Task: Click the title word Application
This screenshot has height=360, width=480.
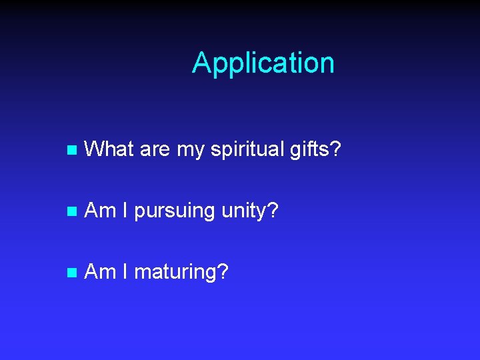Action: click(263, 63)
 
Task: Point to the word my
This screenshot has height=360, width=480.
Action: click(191, 151)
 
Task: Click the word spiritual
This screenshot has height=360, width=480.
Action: click(247, 150)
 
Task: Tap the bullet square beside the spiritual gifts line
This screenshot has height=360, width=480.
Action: click(73, 150)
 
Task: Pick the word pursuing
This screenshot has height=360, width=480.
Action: click(175, 212)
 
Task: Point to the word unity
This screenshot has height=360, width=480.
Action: click(244, 212)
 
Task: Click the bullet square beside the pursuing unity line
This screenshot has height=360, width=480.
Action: click(73, 211)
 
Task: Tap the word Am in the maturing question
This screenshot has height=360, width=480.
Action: click(101, 271)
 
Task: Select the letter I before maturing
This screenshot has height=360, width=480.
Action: click(126, 271)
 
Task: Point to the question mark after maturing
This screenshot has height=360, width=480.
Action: click(223, 271)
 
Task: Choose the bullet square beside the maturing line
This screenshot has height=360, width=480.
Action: click(73, 273)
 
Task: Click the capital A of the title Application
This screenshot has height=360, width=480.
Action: click(201, 63)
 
